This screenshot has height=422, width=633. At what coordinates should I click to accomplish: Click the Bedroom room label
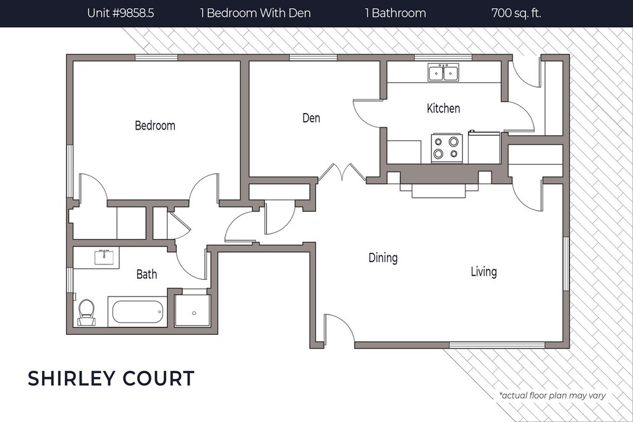155,126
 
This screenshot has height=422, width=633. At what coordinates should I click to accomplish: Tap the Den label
311,117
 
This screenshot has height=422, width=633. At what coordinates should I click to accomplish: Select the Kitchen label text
443,109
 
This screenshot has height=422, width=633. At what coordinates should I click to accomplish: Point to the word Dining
383,258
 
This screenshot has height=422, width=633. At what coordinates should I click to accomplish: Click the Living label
483,271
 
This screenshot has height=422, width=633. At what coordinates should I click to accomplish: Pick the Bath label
147,274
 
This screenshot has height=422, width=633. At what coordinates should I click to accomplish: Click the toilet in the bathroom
86,311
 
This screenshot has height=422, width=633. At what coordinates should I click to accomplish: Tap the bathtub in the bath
138,312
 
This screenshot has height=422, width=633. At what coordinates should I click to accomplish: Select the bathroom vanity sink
106,256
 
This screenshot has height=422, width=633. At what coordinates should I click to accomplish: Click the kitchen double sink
443,73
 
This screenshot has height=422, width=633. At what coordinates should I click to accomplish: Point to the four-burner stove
446,148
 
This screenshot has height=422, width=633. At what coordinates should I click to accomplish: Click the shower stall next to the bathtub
192,310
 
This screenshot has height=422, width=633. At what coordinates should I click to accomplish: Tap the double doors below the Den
342,172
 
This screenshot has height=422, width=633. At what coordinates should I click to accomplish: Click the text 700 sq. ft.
516,13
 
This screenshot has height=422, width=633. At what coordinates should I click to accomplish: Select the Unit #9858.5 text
121,13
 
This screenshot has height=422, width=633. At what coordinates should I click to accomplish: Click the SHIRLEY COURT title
111,378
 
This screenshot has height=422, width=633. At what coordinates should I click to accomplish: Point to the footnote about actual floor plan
552,395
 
